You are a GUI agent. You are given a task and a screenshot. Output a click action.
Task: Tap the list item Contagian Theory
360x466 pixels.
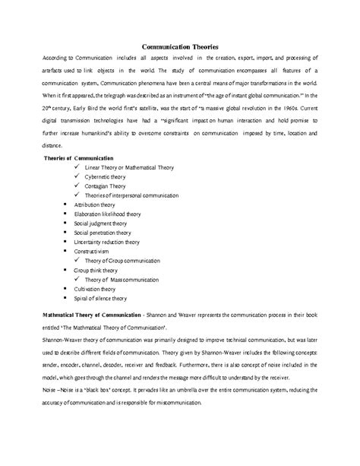coord(106,185)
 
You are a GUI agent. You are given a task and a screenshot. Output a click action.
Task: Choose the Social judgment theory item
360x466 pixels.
coord(101,223)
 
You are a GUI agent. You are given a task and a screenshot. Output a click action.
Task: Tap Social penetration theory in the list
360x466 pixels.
coord(103,233)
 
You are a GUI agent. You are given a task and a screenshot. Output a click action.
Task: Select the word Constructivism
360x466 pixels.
coord(91,251)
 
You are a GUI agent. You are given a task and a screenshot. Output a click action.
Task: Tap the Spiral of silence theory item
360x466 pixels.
coord(101,297)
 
